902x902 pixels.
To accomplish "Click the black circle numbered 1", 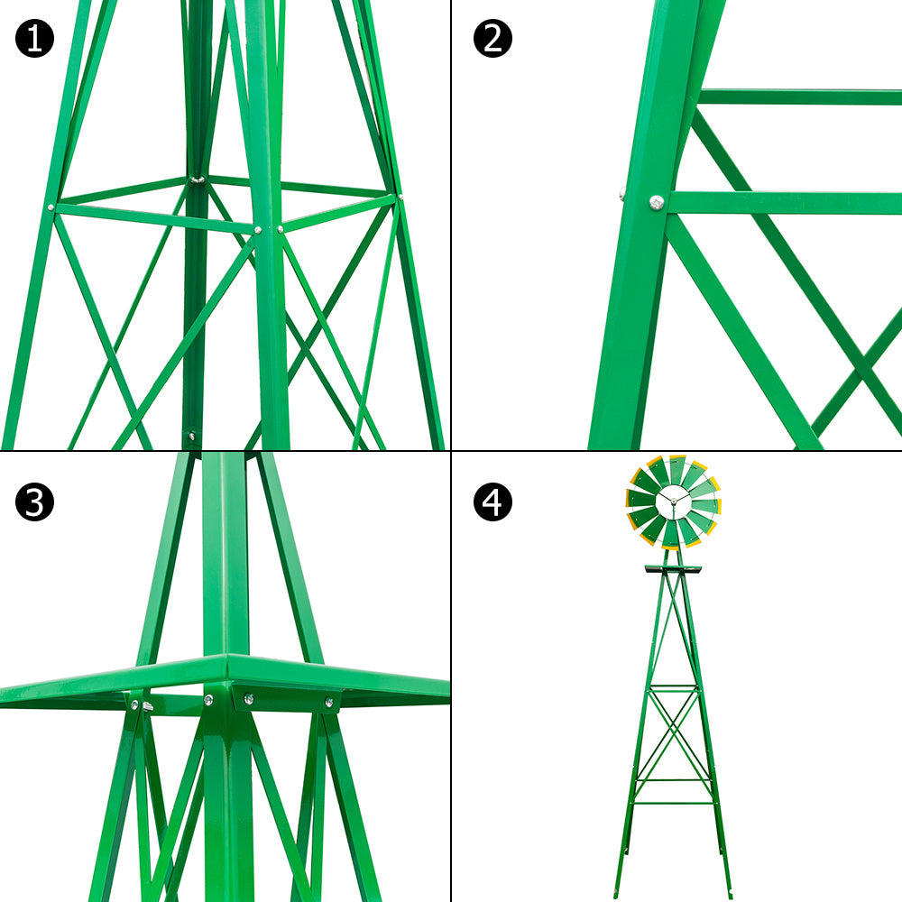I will [x=34, y=39].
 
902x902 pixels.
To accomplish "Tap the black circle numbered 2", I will [x=492, y=39].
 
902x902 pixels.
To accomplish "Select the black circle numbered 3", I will [x=34, y=502].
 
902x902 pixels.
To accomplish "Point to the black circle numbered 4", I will [x=492, y=502].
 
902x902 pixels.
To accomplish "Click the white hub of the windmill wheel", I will [x=673, y=502].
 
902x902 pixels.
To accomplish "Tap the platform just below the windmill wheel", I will [x=673, y=569].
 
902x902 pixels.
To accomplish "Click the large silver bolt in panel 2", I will [x=657, y=204].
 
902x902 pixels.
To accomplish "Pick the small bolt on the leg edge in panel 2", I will [x=622, y=191].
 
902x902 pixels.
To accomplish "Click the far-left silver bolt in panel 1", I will [x=52, y=208].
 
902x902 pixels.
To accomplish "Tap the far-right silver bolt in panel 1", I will [x=399, y=197].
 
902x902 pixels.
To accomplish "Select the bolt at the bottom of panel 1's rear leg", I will [x=191, y=437].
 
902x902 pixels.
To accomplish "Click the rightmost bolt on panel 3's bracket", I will [x=329, y=701].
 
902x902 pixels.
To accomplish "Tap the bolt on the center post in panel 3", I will [x=208, y=700].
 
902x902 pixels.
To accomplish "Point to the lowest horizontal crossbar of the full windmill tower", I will [x=673, y=802].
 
